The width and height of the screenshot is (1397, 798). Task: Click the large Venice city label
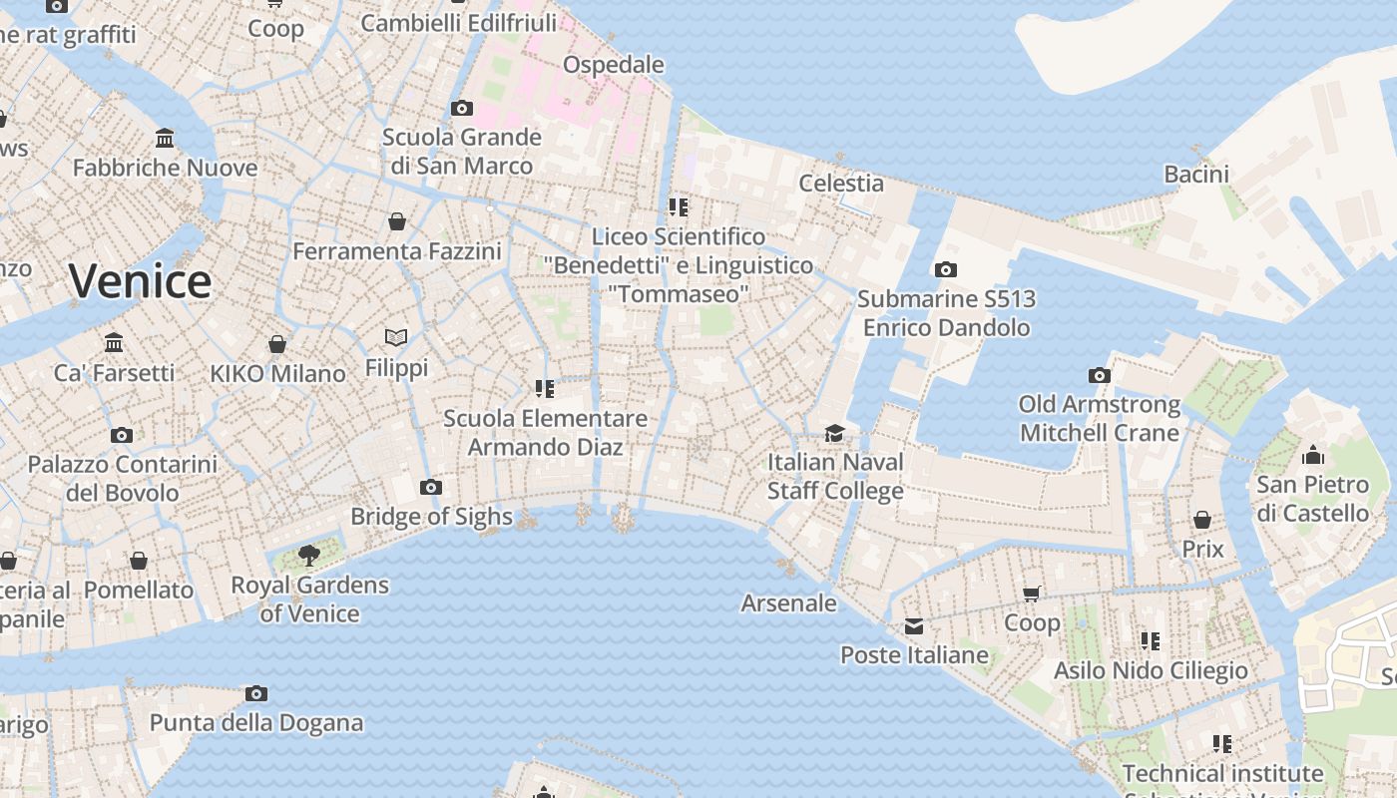(x=140, y=281)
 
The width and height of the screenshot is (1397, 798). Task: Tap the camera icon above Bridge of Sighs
(x=431, y=487)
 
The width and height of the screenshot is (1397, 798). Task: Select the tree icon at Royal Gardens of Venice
(x=309, y=555)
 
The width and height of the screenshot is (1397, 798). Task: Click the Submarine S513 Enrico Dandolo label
(x=946, y=313)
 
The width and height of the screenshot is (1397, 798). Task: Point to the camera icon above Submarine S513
(x=946, y=269)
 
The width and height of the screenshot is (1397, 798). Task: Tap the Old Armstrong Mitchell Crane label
(x=1099, y=419)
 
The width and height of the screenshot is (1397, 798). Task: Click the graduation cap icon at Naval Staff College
(x=834, y=433)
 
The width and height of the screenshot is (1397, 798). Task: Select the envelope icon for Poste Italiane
(x=914, y=626)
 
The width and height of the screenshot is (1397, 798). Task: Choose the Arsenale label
(x=788, y=602)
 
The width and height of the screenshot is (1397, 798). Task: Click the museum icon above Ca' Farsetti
(x=114, y=343)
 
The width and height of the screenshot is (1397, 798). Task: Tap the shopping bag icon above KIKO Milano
(x=277, y=344)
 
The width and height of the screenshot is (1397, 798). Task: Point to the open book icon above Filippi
(x=396, y=337)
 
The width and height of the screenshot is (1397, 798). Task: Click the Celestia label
(x=841, y=183)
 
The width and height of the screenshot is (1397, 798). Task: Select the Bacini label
(x=1196, y=174)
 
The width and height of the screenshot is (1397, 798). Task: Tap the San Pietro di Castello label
(x=1312, y=499)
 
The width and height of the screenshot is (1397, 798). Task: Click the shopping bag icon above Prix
(x=1202, y=520)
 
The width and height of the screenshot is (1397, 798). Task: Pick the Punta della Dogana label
(x=256, y=722)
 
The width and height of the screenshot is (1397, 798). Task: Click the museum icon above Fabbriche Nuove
(x=165, y=138)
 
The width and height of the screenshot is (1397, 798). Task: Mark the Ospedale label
(x=613, y=65)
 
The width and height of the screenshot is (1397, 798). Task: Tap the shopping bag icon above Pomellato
(x=139, y=561)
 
